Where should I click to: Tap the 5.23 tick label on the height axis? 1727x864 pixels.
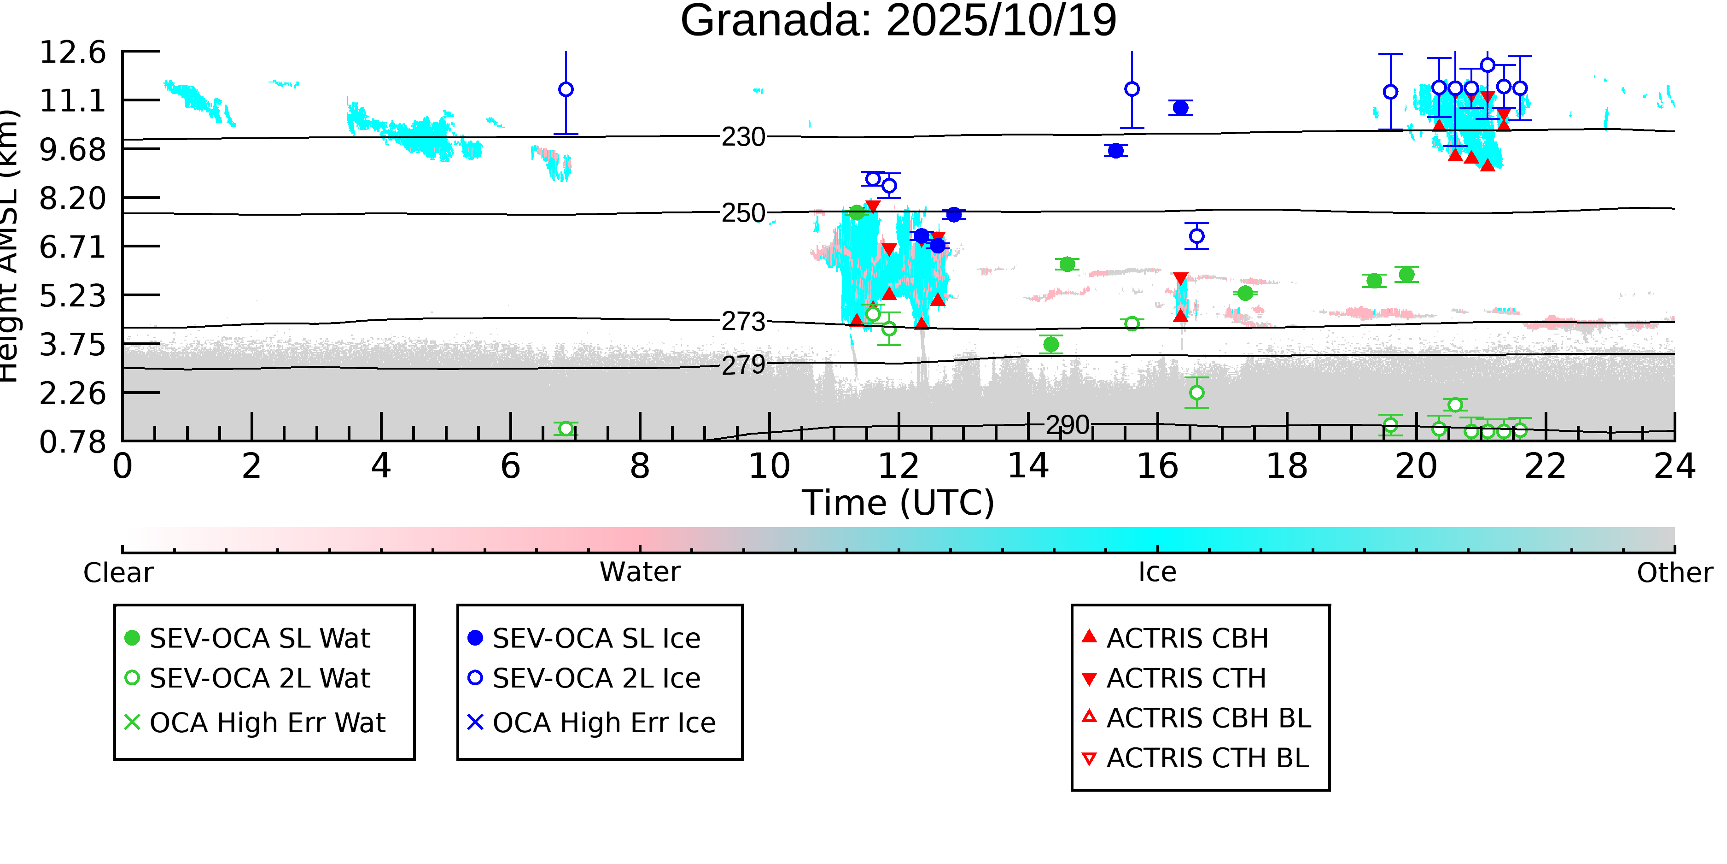click(x=72, y=296)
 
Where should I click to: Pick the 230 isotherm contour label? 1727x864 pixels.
click(x=743, y=137)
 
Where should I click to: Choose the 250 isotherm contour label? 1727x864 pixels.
click(x=743, y=213)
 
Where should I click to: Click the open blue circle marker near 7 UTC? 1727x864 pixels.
click(x=566, y=89)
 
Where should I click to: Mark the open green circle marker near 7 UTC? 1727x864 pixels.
click(x=566, y=429)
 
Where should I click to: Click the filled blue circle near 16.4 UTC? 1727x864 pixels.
click(x=1181, y=107)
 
